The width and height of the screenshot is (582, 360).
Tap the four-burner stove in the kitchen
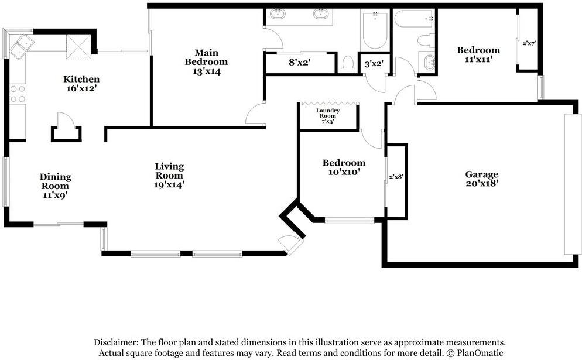pyautogui.click(x=18, y=94)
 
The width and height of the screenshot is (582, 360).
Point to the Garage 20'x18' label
pyautogui.click(x=481, y=179)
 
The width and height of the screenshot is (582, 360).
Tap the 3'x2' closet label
pyautogui.click(x=373, y=64)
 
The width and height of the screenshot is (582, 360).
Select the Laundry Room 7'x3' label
pyautogui.click(x=328, y=116)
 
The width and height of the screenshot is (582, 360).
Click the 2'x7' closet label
pyautogui.click(x=529, y=43)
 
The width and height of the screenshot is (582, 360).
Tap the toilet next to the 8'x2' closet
pyautogui.click(x=347, y=64)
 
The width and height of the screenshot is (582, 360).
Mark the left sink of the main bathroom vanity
pyautogui.click(x=278, y=14)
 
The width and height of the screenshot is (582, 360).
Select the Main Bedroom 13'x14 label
pyautogui.click(x=206, y=62)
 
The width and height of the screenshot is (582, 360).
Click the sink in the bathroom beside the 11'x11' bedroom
pyautogui.click(x=429, y=63)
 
